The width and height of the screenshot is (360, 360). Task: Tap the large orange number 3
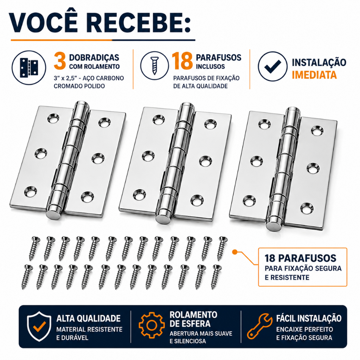[x=60, y=61]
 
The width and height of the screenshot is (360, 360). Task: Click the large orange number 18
[x=182, y=61]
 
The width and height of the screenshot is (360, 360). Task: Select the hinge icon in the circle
[x=29, y=67]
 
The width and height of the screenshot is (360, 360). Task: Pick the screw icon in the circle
[x=154, y=66]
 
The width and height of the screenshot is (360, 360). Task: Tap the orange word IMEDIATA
[x=314, y=75]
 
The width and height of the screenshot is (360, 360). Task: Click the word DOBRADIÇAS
[x=94, y=57]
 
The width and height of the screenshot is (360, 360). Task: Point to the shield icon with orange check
[x=39, y=326]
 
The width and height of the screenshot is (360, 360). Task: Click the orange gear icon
[x=152, y=325]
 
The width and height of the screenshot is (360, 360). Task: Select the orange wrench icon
[x=260, y=326]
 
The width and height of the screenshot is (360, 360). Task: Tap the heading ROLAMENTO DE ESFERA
[x=193, y=319]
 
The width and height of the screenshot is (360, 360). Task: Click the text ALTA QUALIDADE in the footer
[x=88, y=319]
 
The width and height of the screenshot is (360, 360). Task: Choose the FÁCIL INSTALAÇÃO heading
[x=309, y=318]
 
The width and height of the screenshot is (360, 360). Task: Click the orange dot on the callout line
[x=234, y=252]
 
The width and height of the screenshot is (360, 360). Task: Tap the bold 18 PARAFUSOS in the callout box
[x=300, y=258]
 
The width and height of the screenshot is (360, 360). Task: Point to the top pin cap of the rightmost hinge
[x=293, y=112]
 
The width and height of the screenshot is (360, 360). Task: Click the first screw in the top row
[x=34, y=249]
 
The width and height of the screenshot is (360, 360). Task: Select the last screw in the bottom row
[x=216, y=277]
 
